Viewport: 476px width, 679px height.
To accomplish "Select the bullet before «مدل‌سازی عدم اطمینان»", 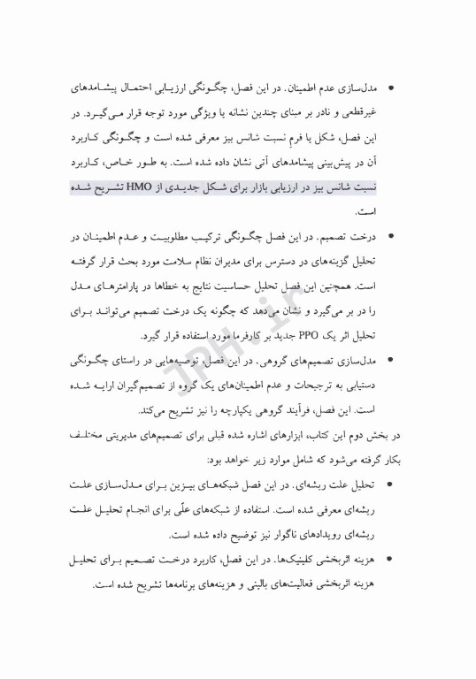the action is (x=392, y=90).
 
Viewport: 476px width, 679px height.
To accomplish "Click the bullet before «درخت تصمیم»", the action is (x=392, y=235).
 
